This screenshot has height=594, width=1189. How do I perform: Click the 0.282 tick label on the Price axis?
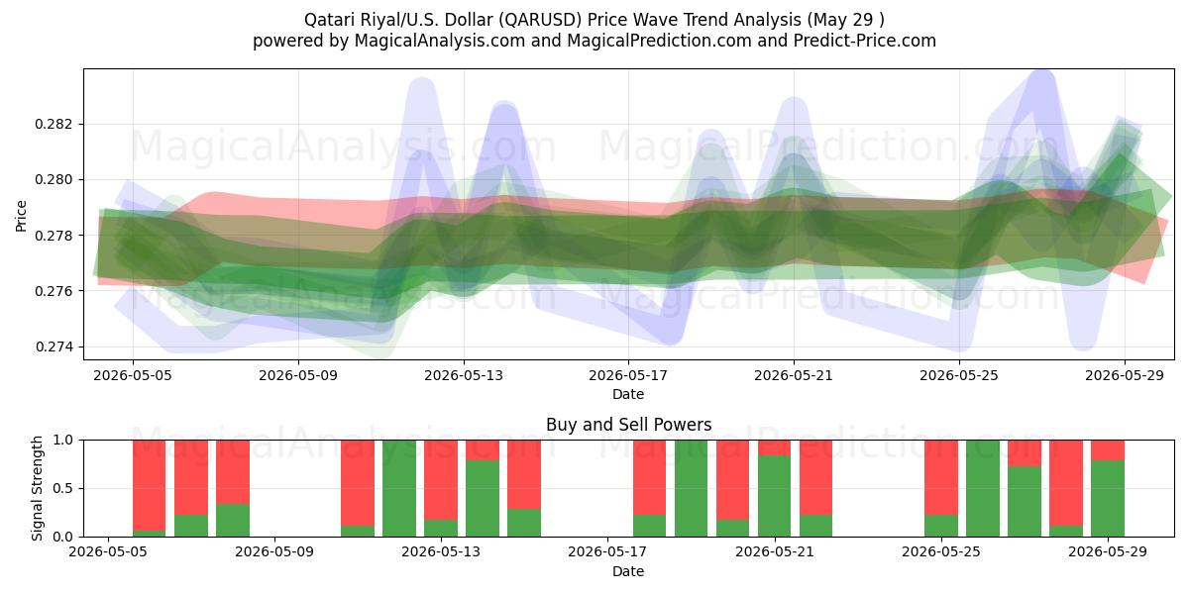click(x=53, y=124)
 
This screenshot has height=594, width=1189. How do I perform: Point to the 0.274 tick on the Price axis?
click(x=53, y=346)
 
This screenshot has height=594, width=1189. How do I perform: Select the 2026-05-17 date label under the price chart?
click(x=628, y=375)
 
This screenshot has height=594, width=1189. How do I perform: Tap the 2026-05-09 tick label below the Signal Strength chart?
click(x=274, y=552)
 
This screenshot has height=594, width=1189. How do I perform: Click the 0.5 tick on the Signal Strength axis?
click(x=63, y=488)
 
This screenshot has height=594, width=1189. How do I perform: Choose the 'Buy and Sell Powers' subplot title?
click(x=628, y=425)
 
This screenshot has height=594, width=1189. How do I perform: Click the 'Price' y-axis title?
click(x=21, y=216)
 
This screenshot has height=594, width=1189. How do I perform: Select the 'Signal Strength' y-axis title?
click(x=37, y=488)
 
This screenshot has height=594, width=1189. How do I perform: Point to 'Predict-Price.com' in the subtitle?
click(x=865, y=41)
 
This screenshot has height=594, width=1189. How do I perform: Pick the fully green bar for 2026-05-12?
click(x=399, y=488)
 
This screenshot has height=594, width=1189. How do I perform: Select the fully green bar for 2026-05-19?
click(x=692, y=488)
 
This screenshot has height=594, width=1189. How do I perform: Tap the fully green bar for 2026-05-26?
click(x=983, y=488)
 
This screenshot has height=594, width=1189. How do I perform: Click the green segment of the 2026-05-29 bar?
click(x=1108, y=499)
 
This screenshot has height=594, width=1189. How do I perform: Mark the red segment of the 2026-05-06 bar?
click(x=150, y=485)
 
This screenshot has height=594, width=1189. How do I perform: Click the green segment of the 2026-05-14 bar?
click(x=483, y=499)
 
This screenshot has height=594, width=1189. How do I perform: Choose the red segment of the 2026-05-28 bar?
click(x=1066, y=483)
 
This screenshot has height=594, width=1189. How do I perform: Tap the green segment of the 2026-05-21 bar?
click(x=775, y=496)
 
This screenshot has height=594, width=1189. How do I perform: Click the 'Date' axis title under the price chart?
click(x=628, y=395)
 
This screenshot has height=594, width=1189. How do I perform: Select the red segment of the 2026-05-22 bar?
click(x=815, y=477)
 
